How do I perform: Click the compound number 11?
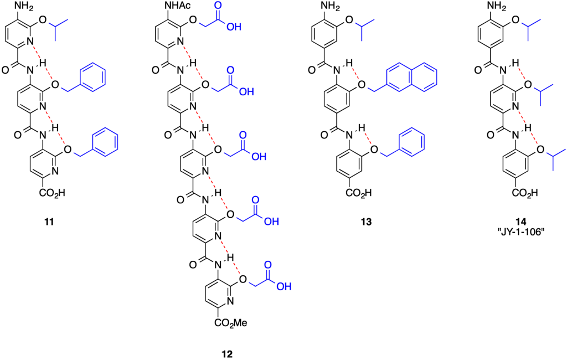[x=49, y=222]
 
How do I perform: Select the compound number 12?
[x=228, y=353]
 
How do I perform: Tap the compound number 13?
[x=366, y=222]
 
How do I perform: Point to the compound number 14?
[x=521, y=222]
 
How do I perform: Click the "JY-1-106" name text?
[x=521, y=232]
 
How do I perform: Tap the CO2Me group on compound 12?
[x=231, y=322]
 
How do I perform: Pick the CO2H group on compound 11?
[x=52, y=193]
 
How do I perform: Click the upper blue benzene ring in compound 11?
[x=92, y=77]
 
